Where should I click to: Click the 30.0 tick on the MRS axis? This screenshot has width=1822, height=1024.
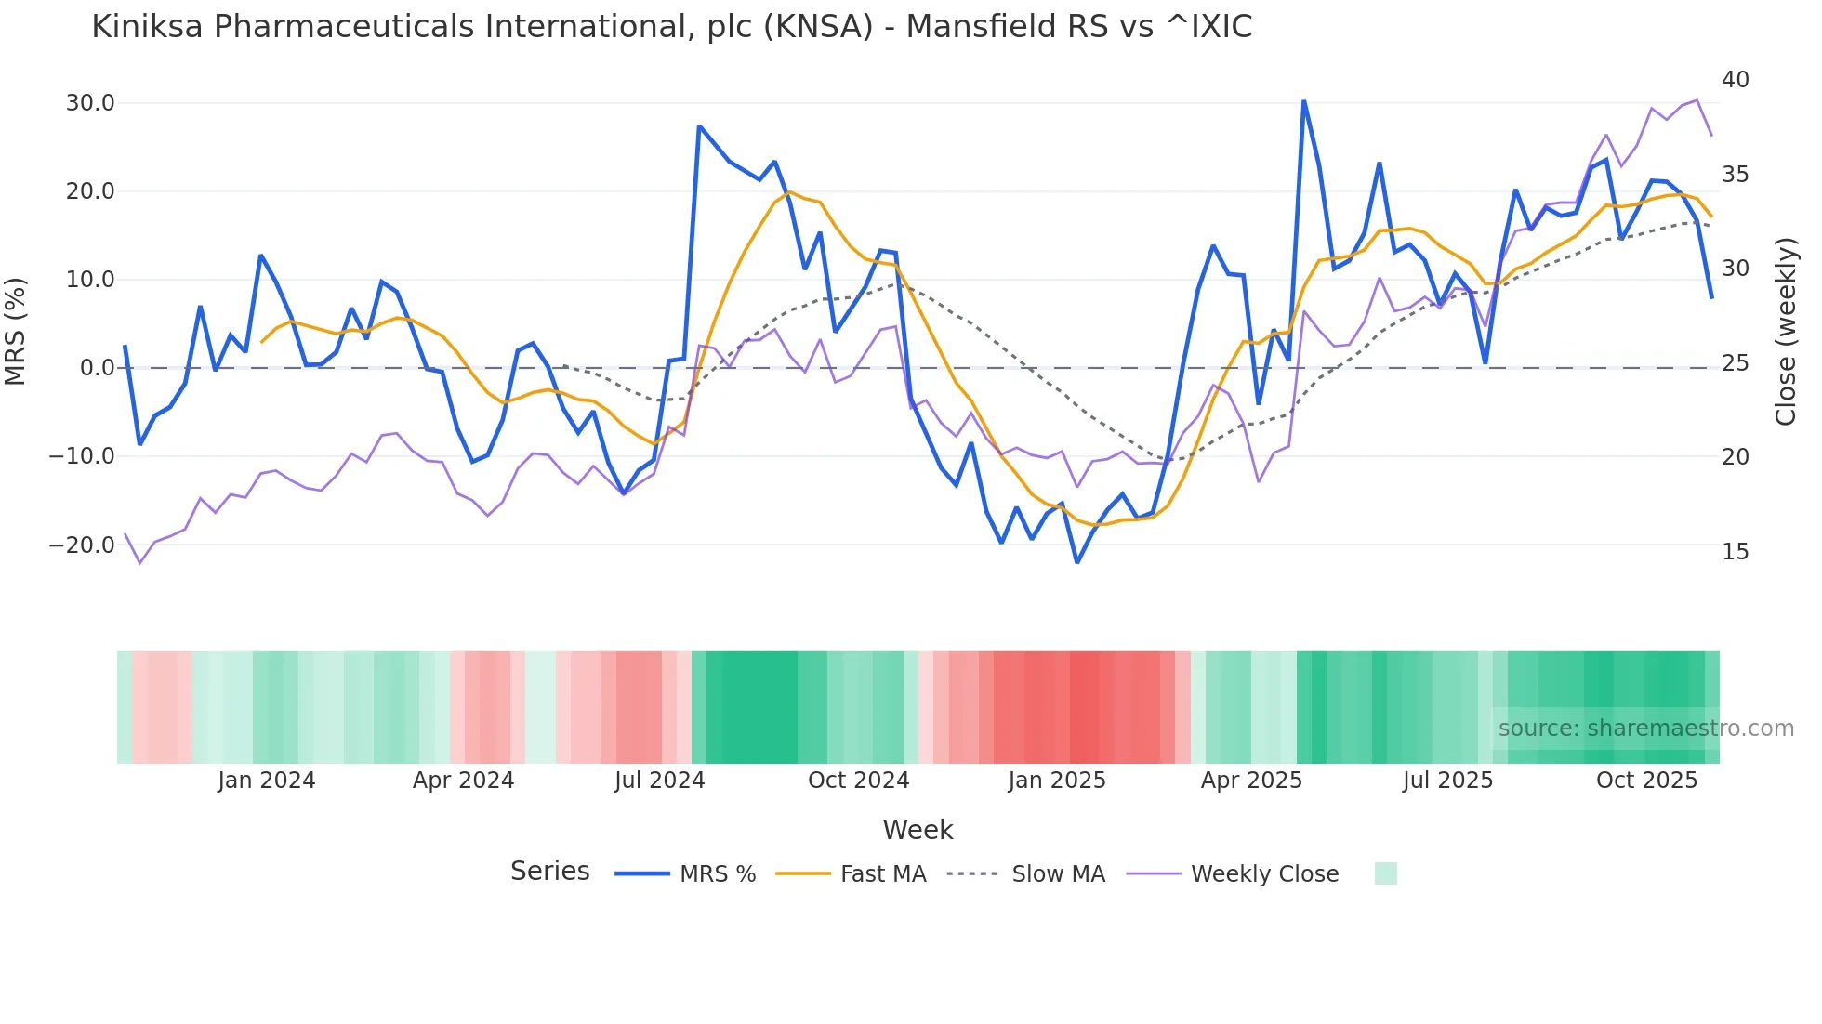90,103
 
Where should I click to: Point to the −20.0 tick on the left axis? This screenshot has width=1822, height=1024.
82,545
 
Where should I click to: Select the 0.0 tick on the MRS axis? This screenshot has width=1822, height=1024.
97,368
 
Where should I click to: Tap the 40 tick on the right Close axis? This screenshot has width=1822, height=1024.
1735,80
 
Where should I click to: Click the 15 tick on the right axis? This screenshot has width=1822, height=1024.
1735,552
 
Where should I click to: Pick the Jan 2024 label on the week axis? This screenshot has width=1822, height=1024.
267,781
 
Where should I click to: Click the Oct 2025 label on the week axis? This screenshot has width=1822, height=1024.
1646,781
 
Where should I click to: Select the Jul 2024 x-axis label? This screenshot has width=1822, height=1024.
659,781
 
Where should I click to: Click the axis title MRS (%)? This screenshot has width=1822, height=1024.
16,331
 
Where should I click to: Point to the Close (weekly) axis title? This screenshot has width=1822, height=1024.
1786,331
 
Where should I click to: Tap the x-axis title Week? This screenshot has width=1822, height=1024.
918,830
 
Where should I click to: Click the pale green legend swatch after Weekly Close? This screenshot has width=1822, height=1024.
1385,873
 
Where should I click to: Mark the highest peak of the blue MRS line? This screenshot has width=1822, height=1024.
1303,101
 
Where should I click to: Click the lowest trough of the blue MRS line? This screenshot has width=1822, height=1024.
1077,562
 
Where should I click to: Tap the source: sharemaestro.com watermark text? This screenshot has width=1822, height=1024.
1645,729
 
